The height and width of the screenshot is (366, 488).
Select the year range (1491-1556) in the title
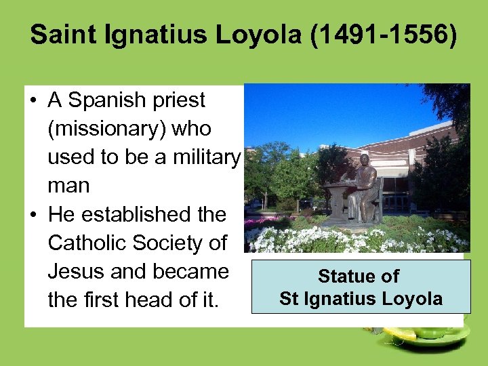(x=384, y=35)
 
